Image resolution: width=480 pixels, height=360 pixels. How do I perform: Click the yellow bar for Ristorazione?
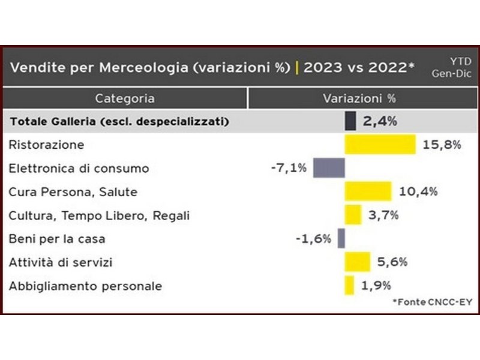click(380, 145)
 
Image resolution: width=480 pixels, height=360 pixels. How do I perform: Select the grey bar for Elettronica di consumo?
click(329, 168)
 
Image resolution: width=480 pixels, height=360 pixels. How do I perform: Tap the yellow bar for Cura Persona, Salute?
click(368, 191)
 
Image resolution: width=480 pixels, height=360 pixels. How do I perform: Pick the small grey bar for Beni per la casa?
click(341, 238)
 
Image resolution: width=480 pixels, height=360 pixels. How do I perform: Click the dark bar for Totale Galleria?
click(350, 121)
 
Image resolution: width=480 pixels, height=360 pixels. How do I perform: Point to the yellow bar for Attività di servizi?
click(357, 262)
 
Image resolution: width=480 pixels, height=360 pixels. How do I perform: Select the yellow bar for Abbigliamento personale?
click(349, 286)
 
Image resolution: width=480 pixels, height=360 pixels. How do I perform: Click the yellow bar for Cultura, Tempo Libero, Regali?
click(353, 215)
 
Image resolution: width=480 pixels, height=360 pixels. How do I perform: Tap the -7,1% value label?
click(289, 168)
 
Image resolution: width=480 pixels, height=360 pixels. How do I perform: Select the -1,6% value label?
click(313, 239)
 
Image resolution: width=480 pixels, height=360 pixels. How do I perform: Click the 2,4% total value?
click(380, 121)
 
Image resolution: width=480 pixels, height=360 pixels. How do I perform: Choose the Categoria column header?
click(125, 98)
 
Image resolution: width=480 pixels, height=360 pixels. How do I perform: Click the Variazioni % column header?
click(359, 98)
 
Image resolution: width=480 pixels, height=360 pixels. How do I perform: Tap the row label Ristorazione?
click(46, 145)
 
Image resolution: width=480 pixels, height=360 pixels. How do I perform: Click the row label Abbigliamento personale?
click(85, 286)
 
